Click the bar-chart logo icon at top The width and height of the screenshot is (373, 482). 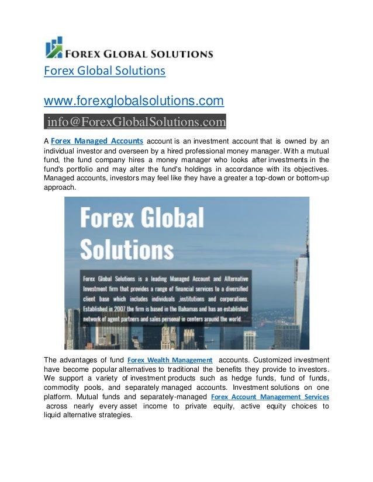point(54,48)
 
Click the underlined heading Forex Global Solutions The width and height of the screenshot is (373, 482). point(105,71)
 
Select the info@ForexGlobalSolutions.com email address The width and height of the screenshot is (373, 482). point(136,121)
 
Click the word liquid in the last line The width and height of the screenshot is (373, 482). point(53,415)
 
